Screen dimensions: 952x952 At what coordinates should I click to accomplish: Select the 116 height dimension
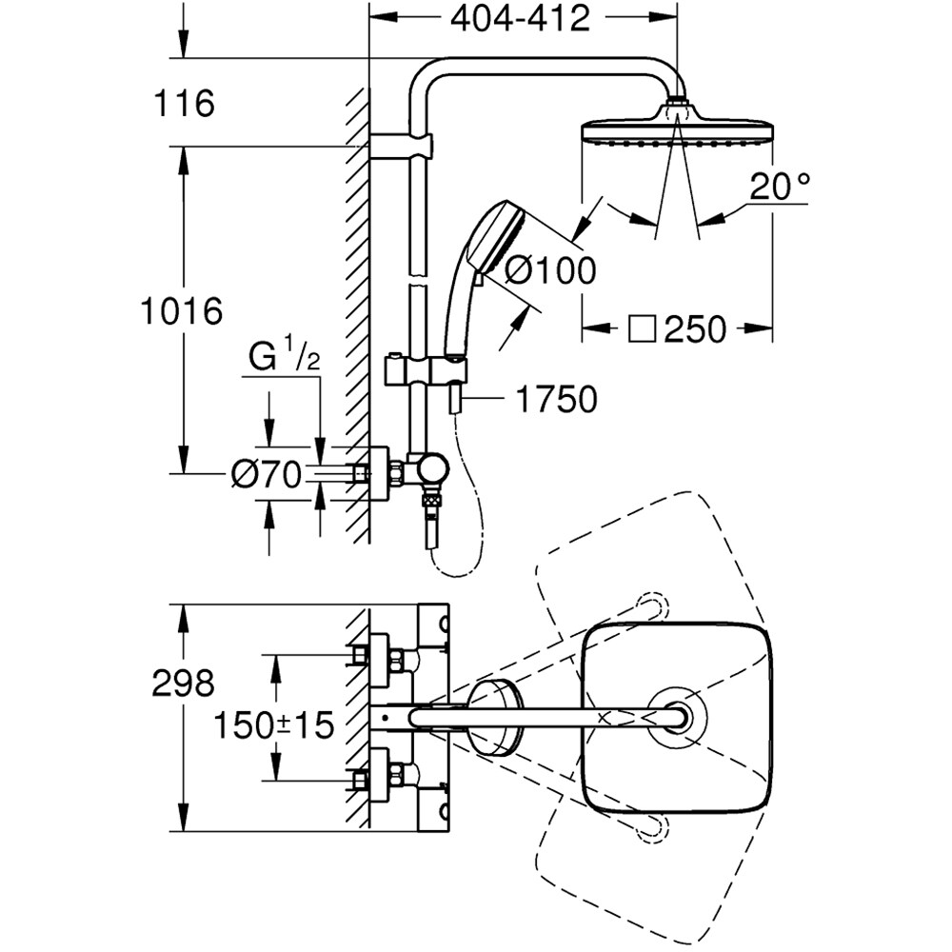coord(182,103)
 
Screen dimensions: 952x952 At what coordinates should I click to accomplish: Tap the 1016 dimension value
coord(180,310)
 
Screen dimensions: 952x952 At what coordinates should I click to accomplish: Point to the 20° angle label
coord(778,187)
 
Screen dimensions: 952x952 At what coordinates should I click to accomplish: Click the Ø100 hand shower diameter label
coord(549,270)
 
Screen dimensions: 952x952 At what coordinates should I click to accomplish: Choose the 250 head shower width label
coord(694,329)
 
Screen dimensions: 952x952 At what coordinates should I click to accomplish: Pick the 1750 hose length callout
coord(554,400)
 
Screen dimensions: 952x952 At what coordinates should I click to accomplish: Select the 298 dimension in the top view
coord(183,682)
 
